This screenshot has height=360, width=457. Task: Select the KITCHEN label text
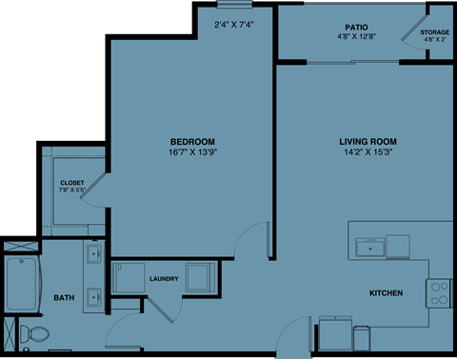tap(386, 292)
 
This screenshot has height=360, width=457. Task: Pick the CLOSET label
tap(72, 182)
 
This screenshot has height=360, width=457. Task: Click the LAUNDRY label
tap(165, 279)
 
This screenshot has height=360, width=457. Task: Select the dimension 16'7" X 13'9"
tap(192, 151)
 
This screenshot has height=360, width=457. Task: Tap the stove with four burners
tap(439, 291)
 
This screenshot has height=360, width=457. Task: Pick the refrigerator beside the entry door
tap(335, 332)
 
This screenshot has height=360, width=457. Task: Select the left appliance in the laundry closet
tap(127, 279)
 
